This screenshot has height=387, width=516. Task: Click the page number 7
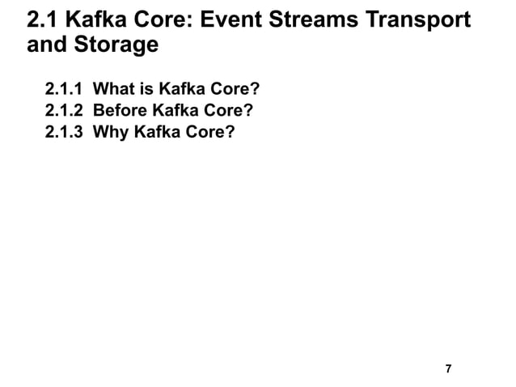point(449,370)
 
